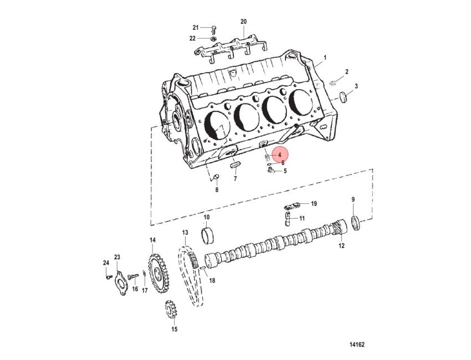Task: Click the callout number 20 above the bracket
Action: pyautogui.click(x=243, y=22)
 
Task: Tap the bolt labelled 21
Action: pyautogui.click(x=213, y=29)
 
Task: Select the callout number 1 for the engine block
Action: pyautogui.click(x=325, y=58)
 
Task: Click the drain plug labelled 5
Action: pyautogui.click(x=271, y=171)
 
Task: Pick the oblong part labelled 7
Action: pyautogui.click(x=235, y=165)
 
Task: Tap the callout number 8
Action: pyautogui.click(x=217, y=190)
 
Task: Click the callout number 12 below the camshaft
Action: pyautogui.click(x=341, y=245)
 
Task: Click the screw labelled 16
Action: pyautogui.click(x=133, y=276)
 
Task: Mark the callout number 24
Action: pyautogui.click(x=106, y=263)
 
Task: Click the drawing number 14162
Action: pyautogui.click(x=357, y=344)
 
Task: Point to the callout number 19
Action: pyautogui.click(x=314, y=204)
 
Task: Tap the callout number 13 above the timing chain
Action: pyautogui.click(x=185, y=233)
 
